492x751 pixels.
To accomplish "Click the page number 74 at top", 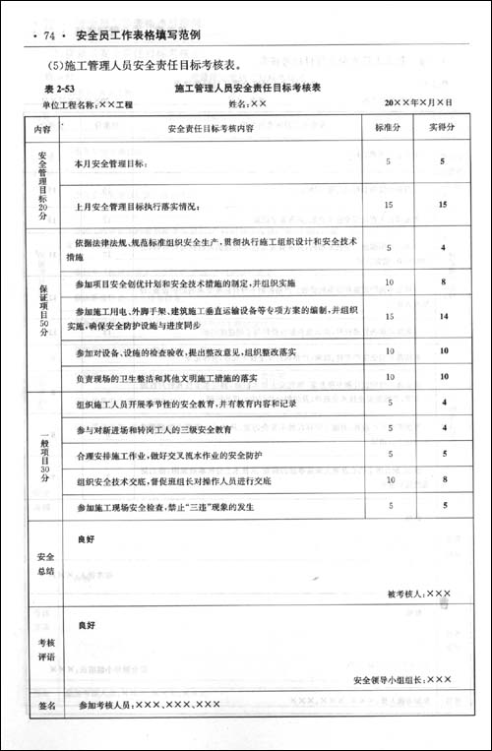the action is point(44,36).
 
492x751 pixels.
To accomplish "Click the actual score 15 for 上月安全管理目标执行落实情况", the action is point(444,205).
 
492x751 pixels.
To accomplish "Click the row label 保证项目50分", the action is point(42,310).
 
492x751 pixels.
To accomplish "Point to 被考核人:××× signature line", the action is point(419,594).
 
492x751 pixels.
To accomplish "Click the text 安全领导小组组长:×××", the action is point(401,679).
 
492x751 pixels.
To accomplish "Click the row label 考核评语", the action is point(42,650).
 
